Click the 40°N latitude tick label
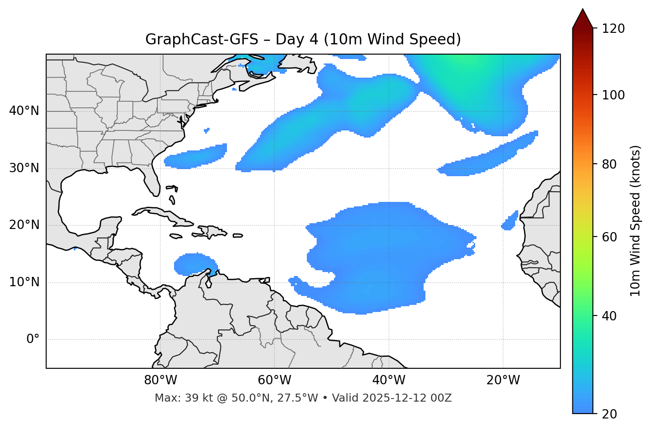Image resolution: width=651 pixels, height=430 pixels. pyautogui.click(x=24, y=111)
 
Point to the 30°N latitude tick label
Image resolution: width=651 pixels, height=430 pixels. pyautogui.click(x=24, y=168)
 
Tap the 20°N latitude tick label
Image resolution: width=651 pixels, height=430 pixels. pyautogui.click(x=24, y=225)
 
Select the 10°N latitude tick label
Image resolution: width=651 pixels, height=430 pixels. pyautogui.click(x=24, y=282)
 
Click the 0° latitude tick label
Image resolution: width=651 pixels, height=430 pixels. pyautogui.click(x=33, y=339)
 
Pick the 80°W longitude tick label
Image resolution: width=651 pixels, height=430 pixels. pyautogui.click(x=160, y=380)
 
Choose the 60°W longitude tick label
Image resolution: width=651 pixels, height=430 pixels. pyautogui.click(x=274, y=380)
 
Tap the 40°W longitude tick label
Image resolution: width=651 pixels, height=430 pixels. pyautogui.click(x=389, y=380)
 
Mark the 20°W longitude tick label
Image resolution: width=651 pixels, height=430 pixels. pyautogui.click(x=503, y=380)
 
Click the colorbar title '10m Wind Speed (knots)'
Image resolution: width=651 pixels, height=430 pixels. pyautogui.click(x=635, y=221)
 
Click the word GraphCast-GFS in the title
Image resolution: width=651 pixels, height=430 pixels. pyautogui.click(x=202, y=39)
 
